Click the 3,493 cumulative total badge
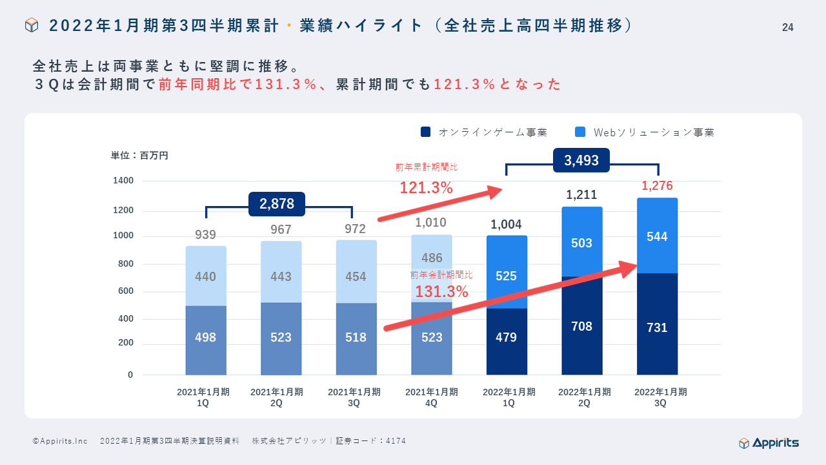click(x=581, y=161)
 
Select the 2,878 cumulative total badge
click(x=277, y=204)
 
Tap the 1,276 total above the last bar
click(x=657, y=186)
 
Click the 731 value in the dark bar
click(x=657, y=327)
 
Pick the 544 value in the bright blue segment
click(x=657, y=237)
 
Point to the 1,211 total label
click(x=581, y=194)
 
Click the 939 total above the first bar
click(x=206, y=234)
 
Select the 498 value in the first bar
click(x=206, y=337)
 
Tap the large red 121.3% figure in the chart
click(x=426, y=188)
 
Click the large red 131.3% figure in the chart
click(x=441, y=292)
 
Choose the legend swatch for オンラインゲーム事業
click(x=425, y=132)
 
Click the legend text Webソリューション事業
click(x=654, y=132)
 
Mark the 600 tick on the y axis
click(x=125, y=291)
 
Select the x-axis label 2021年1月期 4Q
click(x=432, y=397)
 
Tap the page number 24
click(x=787, y=27)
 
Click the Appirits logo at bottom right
click(x=769, y=442)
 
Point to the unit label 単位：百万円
click(x=139, y=156)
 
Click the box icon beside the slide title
click(x=32, y=25)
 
